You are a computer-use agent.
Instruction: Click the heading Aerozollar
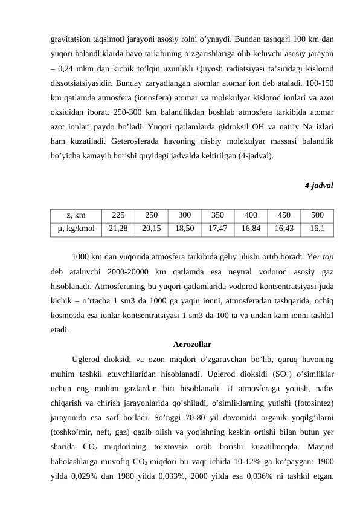pyautogui.click(x=191, y=345)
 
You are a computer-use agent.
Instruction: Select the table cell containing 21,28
pyautogui.click(x=118, y=229)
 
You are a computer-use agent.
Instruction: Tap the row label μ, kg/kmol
pyautogui.click(x=76, y=229)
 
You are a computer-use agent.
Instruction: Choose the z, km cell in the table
pyautogui.click(x=76, y=214)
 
